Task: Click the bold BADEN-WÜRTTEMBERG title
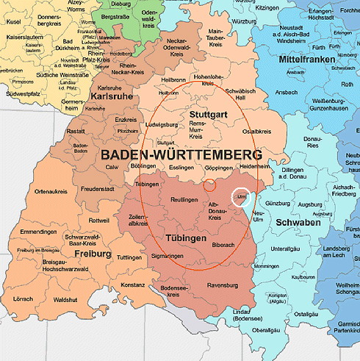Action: pyautogui.click(x=181, y=156)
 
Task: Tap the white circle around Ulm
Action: pyautogui.click(x=241, y=198)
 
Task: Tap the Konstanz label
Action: pyautogui.click(x=134, y=285)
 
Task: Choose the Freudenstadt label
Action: pyautogui.click(x=98, y=189)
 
